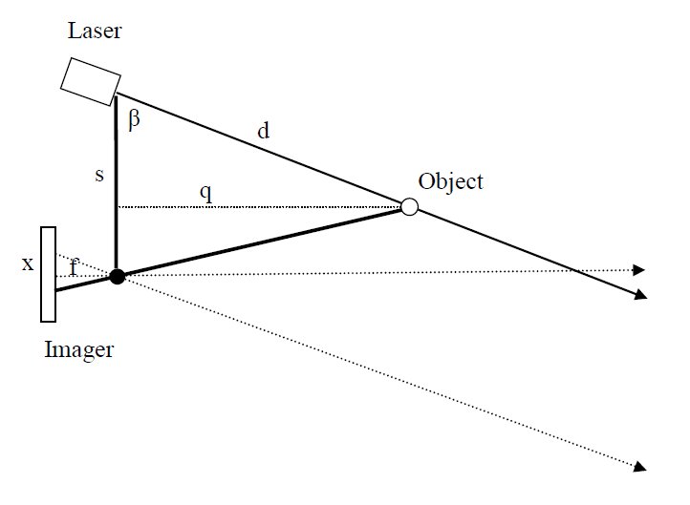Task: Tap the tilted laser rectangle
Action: pyautogui.click(x=89, y=79)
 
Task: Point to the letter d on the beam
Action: pyautogui.click(x=263, y=131)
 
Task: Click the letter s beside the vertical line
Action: pyautogui.click(x=98, y=178)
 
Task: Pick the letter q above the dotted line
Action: pyautogui.click(x=205, y=192)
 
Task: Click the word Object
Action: pyautogui.click(x=450, y=181)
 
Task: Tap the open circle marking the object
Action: pyautogui.click(x=409, y=206)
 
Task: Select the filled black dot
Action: pyautogui.click(x=117, y=277)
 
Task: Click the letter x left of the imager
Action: pyautogui.click(x=28, y=263)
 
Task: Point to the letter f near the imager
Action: pyautogui.click(x=74, y=267)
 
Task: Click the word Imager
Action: pyautogui.click(x=79, y=349)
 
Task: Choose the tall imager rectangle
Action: pyautogui.click(x=48, y=274)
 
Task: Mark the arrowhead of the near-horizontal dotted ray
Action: pyautogui.click(x=640, y=270)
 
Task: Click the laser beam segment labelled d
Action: pyautogui.click(x=258, y=150)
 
